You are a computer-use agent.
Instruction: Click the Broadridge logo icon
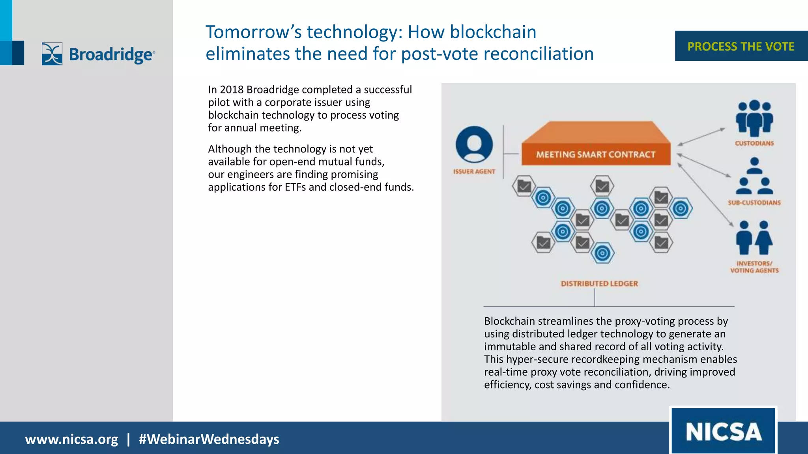tap(52, 54)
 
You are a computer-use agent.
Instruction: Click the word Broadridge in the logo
tap(111, 54)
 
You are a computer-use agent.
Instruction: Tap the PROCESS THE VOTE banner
tap(741, 46)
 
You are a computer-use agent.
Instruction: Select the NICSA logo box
tap(723, 431)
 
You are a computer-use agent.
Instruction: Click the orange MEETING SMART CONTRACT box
tap(595, 154)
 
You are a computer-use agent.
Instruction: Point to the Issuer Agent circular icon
tap(474, 144)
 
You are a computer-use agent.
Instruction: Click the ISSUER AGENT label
tap(474, 171)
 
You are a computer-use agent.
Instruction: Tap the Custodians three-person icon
tap(754, 117)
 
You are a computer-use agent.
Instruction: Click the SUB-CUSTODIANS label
tap(754, 203)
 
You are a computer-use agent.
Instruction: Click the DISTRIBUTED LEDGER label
tap(599, 283)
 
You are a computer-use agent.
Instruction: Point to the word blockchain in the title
tap(493, 32)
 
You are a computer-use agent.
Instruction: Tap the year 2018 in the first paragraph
tap(232, 90)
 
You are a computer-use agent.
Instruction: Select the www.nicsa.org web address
tap(71, 439)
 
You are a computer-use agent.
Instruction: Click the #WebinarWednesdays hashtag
tap(209, 439)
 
